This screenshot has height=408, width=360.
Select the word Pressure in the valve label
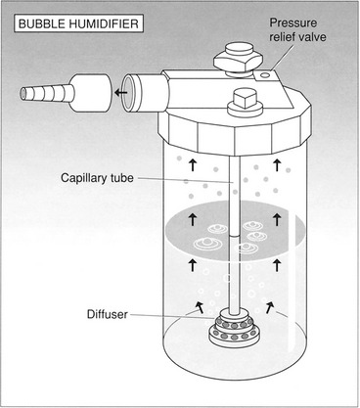tap(292, 23)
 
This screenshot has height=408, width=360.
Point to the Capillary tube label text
tap(97, 178)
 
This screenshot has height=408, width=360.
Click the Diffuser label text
tap(108, 314)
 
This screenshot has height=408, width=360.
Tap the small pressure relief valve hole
tap(265, 75)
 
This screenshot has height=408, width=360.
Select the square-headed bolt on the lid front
tap(245, 103)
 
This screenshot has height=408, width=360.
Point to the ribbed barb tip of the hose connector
tap(45, 93)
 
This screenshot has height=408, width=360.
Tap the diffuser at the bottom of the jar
tap(232, 330)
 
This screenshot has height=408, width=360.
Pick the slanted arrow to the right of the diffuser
tap(269, 307)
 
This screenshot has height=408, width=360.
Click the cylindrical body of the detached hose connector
tap(91, 93)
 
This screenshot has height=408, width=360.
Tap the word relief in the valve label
tap(280, 37)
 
